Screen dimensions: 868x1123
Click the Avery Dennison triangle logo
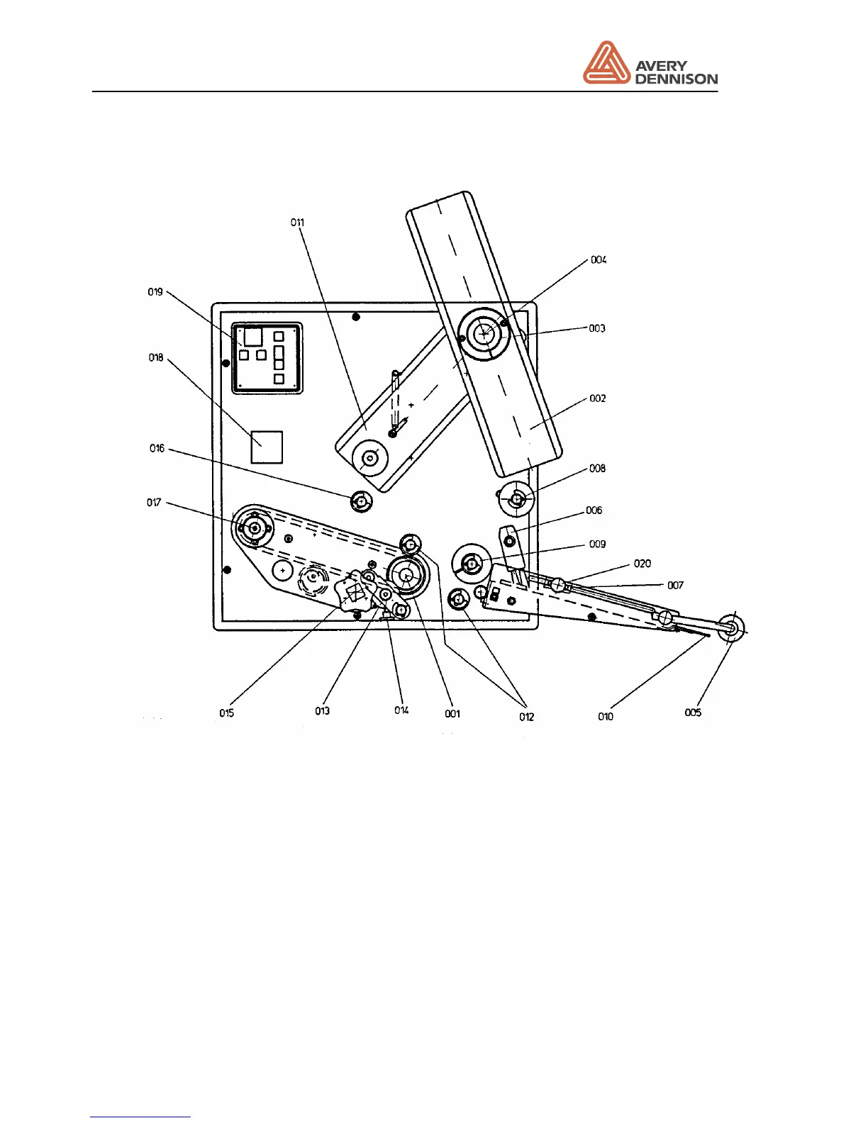pyautogui.click(x=606, y=63)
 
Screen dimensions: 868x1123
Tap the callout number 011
pyautogui.click(x=297, y=223)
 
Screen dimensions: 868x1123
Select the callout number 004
pyautogui.click(x=599, y=260)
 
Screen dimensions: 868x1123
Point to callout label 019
pyautogui.click(x=155, y=292)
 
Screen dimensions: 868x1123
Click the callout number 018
pyautogui.click(x=156, y=358)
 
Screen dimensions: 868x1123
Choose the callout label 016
pyautogui.click(x=157, y=448)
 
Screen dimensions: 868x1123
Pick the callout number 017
pyautogui.click(x=154, y=503)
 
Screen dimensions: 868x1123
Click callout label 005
pyautogui.click(x=693, y=713)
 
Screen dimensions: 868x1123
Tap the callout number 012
pyautogui.click(x=526, y=717)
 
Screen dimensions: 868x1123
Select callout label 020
pyautogui.click(x=642, y=564)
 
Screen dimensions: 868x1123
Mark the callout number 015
pyautogui.click(x=226, y=713)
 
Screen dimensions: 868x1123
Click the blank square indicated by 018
pyautogui.click(x=267, y=447)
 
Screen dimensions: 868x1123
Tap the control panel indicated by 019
pyautogui.click(x=267, y=358)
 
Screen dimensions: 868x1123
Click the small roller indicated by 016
pyautogui.click(x=362, y=502)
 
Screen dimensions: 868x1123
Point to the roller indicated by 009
pyautogui.click(x=472, y=564)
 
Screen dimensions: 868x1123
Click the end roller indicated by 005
pyautogui.click(x=731, y=627)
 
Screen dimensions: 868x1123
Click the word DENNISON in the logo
pyautogui.click(x=676, y=79)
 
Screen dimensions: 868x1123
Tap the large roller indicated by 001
pyautogui.click(x=406, y=576)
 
